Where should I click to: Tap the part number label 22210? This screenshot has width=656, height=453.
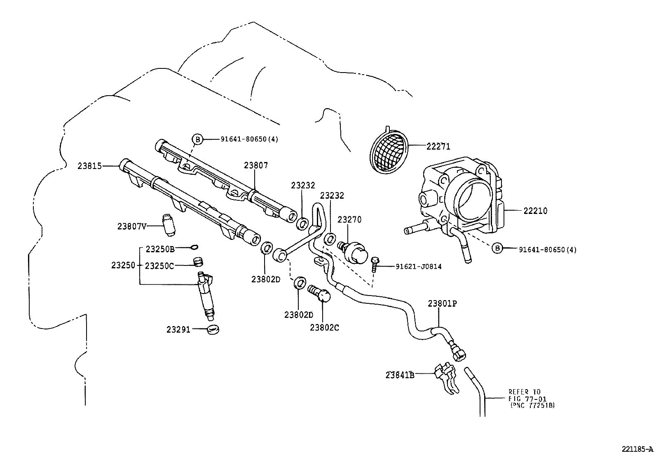click(535, 211)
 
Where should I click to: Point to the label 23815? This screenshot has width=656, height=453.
click(89, 166)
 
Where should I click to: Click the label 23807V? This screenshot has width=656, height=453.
click(132, 226)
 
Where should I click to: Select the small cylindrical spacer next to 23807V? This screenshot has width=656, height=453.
click(169, 225)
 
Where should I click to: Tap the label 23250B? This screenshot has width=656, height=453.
click(160, 249)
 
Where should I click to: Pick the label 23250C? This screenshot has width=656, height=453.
click(160, 265)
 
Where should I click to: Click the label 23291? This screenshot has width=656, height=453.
click(178, 329)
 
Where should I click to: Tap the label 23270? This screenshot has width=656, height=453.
click(349, 220)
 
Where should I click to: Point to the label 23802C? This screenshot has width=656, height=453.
click(325, 327)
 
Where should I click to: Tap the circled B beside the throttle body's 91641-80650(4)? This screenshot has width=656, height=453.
click(498, 248)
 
